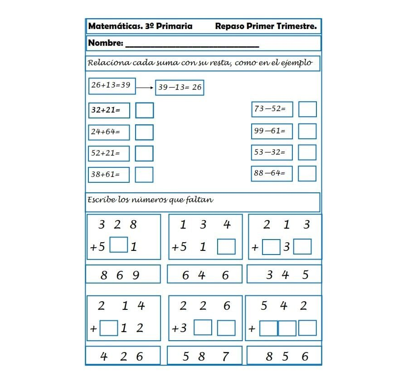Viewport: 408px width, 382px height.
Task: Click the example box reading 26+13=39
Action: pyautogui.click(x=112, y=85)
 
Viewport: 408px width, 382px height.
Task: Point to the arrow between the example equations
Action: pyautogui.click(x=145, y=88)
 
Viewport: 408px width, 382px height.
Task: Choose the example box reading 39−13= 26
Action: pyautogui.click(x=180, y=88)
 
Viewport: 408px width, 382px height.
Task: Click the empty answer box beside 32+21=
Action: pyautogui.click(x=144, y=110)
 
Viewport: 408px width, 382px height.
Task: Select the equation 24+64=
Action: pyautogui.click(x=108, y=132)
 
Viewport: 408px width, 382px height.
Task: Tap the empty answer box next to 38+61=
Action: pyautogui.click(x=144, y=175)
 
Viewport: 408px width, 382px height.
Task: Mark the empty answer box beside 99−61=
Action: pyautogui.click(x=307, y=131)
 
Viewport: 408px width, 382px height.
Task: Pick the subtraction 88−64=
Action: pyautogui.click(x=272, y=173)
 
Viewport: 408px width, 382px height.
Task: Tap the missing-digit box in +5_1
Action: pyautogui.click(x=119, y=245)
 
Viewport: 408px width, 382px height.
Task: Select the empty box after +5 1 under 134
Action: pyautogui.click(x=226, y=246)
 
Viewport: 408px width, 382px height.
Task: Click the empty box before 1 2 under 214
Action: pyautogui.click(x=109, y=328)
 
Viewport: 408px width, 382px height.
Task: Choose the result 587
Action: pyautogui.click(x=205, y=357)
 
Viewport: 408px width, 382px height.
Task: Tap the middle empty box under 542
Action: pyautogui.click(x=287, y=328)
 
